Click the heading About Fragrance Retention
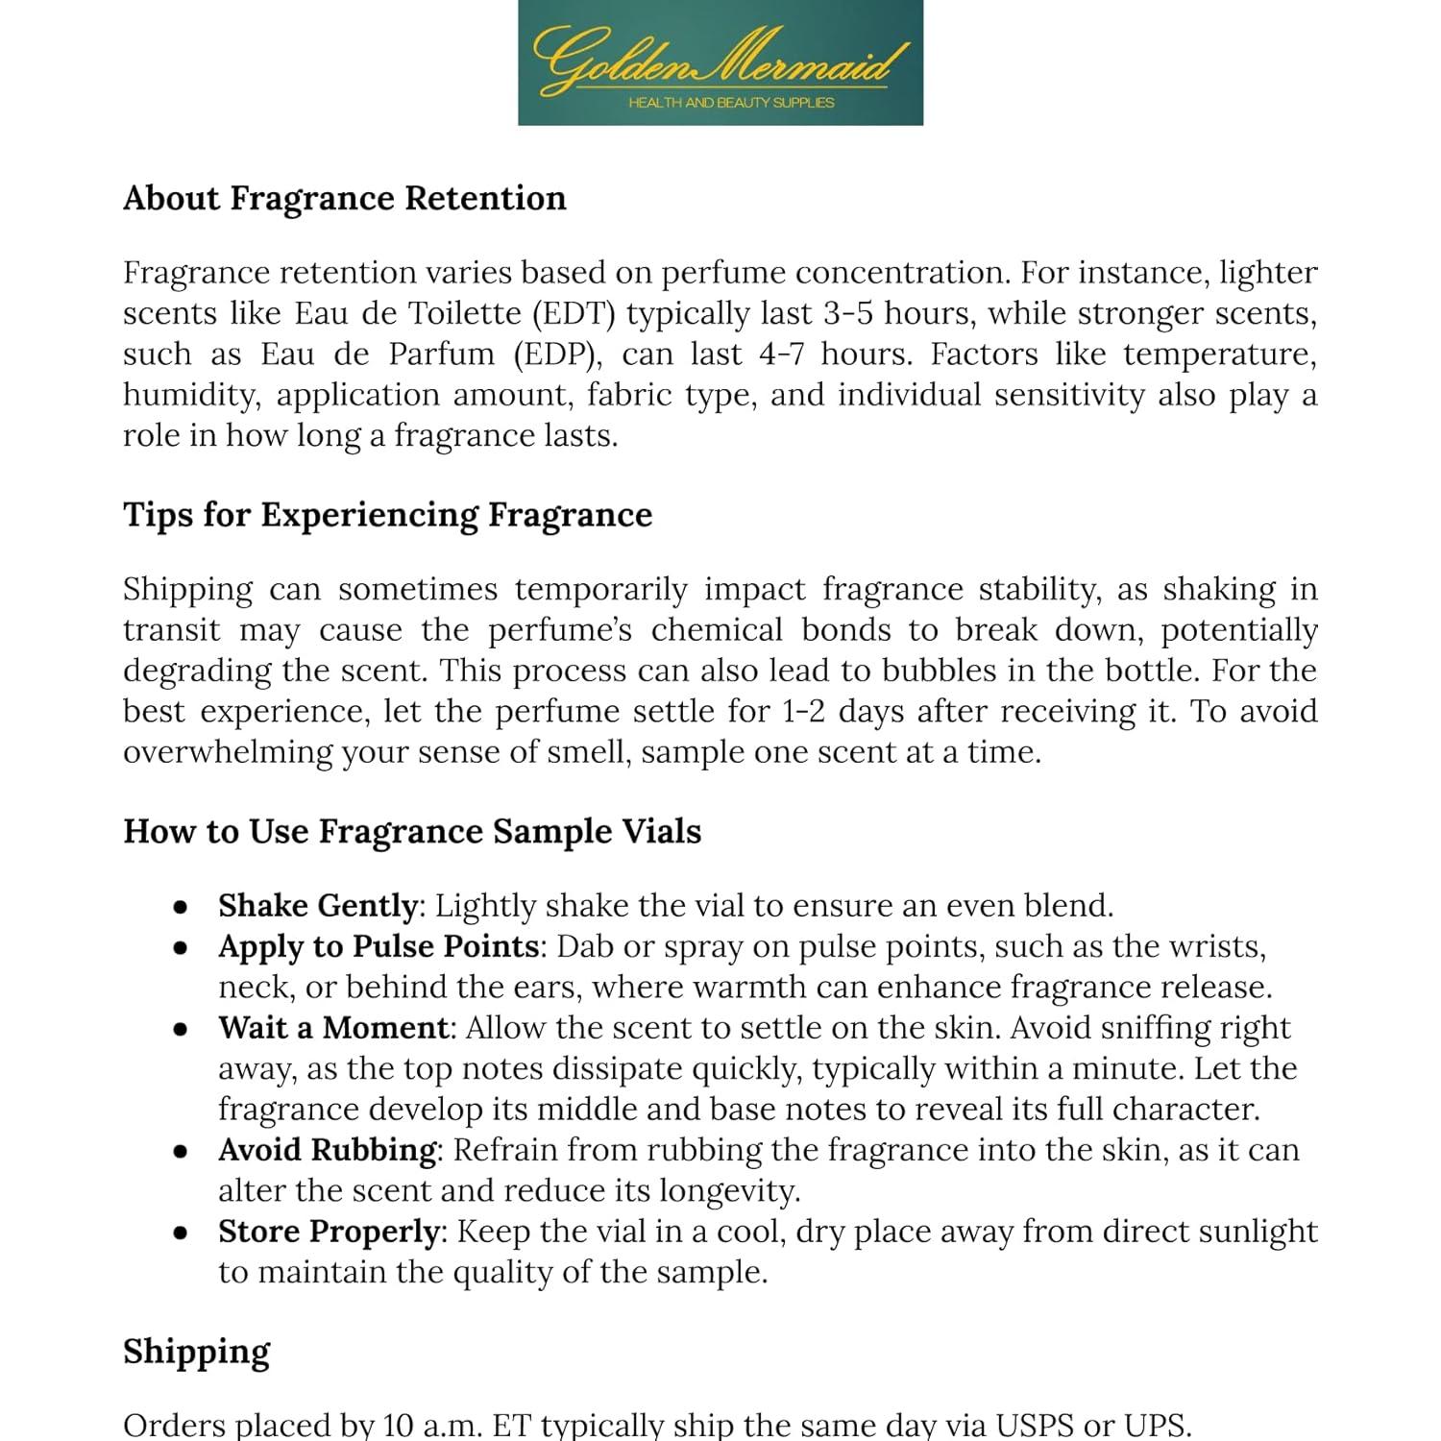344,198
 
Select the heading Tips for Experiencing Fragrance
387,515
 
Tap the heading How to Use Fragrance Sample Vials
412,831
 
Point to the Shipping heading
196,1352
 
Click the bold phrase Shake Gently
317,906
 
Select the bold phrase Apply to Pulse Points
378,947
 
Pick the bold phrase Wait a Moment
333,1028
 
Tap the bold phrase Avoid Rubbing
328,1150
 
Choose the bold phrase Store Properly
329,1232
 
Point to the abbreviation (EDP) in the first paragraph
557,354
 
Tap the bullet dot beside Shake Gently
180,908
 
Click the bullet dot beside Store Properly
180,1233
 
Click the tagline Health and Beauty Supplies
731,103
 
